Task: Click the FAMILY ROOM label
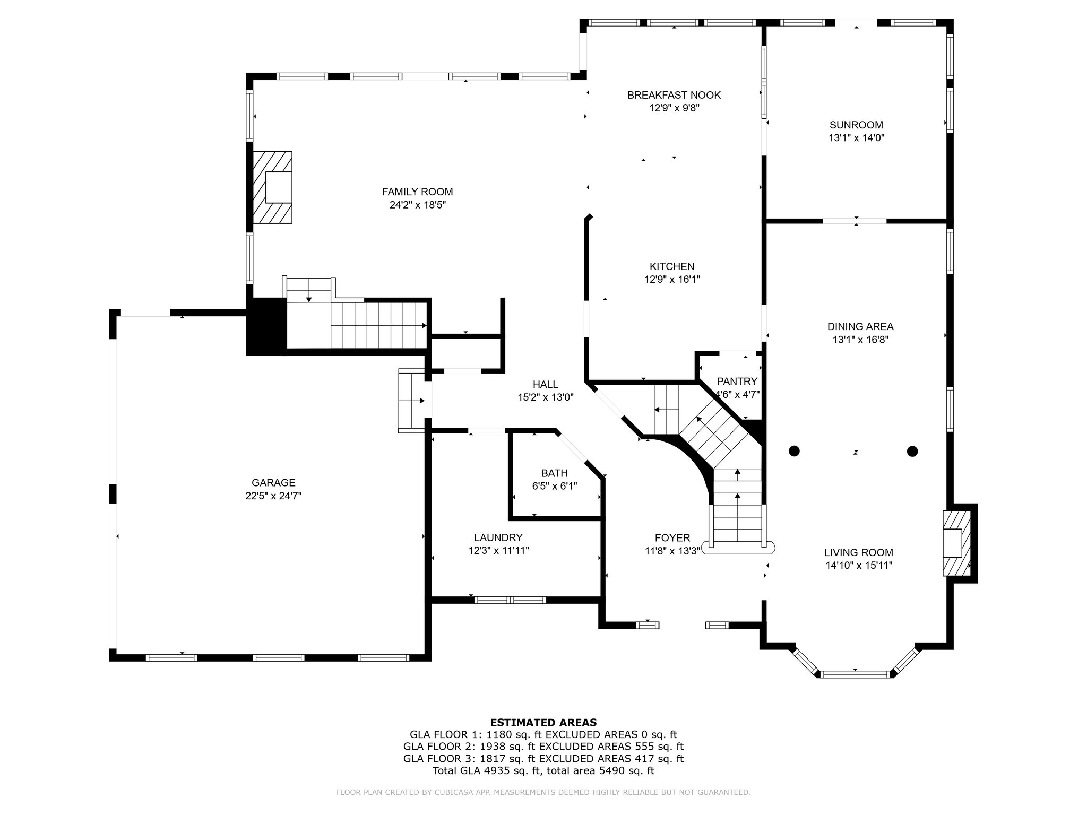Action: point(417,192)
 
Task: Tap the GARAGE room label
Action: point(273,483)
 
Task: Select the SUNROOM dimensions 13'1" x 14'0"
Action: point(856,138)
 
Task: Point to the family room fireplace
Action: point(272,187)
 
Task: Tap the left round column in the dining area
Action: point(794,451)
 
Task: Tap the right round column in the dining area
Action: point(912,451)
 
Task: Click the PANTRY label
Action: point(737,382)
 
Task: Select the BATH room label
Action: point(555,473)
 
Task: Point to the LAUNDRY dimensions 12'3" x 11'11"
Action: point(498,551)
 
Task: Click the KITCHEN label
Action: point(672,267)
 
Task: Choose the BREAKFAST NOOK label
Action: point(674,96)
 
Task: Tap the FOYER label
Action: point(672,538)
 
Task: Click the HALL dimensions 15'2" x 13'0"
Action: point(546,397)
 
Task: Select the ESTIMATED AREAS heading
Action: point(543,722)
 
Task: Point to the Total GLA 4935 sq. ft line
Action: point(543,771)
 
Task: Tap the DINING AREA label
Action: point(860,327)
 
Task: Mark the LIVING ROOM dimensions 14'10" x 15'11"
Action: point(859,566)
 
